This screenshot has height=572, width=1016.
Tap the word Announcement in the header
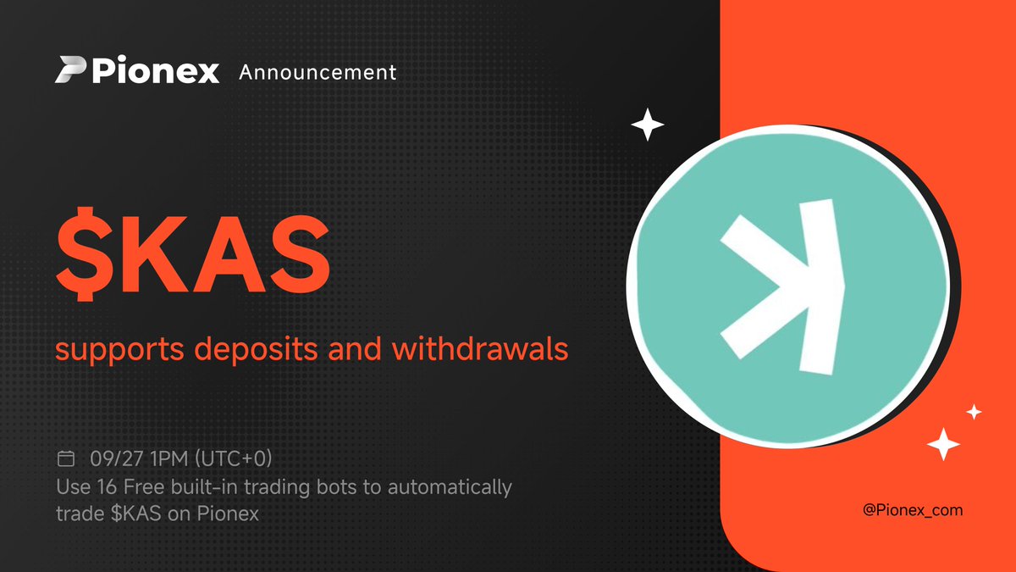tap(317, 73)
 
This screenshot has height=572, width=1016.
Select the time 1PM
tap(167, 459)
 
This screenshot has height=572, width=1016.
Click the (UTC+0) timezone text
tap(233, 459)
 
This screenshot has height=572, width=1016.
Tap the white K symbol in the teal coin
tap(783, 286)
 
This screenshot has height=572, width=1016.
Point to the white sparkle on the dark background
tap(648, 125)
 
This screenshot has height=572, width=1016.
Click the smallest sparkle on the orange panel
tap(975, 413)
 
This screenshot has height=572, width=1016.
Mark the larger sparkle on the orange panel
tap(942, 444)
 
